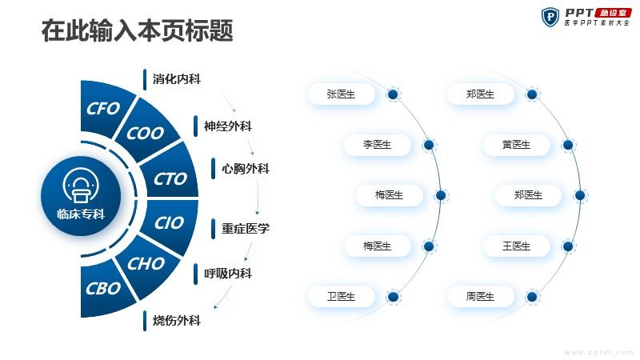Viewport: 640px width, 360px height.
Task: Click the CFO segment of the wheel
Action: [104, 109]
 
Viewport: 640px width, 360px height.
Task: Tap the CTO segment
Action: [170, 174]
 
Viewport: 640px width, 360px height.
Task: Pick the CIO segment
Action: [170, 225]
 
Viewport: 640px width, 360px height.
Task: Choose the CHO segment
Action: [146, 266]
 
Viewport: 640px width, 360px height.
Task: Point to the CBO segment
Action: [104, 289]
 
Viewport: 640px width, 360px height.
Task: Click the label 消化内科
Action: [176, 78]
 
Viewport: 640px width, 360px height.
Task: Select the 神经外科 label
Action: [228, 126]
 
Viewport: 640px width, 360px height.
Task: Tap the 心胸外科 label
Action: [246, 169]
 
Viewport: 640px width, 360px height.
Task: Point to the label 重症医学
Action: [246, 228]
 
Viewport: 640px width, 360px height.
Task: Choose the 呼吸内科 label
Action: [228, 273]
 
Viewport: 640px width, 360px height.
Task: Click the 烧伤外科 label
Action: [176, 321]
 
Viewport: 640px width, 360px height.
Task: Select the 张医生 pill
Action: [342, 94]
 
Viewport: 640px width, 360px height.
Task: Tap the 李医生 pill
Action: [377, 145]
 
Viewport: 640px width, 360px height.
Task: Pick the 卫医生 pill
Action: [342, 296]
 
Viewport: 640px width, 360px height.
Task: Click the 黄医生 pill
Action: [516, 145]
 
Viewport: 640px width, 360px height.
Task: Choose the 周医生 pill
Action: [481, 296]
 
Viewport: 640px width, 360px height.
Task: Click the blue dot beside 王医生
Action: [568, 246]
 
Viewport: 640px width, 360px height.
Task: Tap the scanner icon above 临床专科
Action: [81, 185]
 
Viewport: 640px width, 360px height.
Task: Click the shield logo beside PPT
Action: [550, 17]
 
